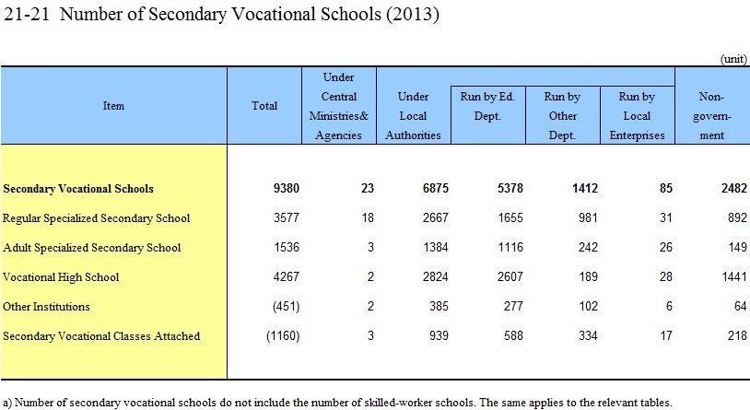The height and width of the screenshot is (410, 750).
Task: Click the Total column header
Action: pyautogui.click(x=264, y=106)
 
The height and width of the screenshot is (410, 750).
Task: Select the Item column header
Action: pyautogui.click(x=113, y=106)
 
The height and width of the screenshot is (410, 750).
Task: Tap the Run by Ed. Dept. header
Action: pyautogui.click(x=487, y=106)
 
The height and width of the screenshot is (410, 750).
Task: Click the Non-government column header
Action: pyautogui.click(x=711, y=116)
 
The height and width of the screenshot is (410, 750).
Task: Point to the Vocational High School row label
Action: pyautogui.click(x=61, y=277)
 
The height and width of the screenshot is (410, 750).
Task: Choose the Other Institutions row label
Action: pyautogui.click(x=46, y=307)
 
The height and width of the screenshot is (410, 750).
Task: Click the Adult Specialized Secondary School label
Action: pyautogui.click(x=92, y=247)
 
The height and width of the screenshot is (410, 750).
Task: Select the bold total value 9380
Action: pyautogui.click(x=286, y=188)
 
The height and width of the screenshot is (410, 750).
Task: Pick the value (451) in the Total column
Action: pyautogui.click(x=286, y=306)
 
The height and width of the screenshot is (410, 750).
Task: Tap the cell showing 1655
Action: pyautogui.click(x=510, y=217)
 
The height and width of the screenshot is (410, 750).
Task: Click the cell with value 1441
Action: pyautogui.click(x=733, y=276)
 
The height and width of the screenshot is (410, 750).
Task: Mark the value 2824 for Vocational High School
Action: pyautogui.click(x=435, y=276)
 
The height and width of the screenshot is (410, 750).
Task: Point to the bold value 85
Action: pyautogui.click(x=666, y=188)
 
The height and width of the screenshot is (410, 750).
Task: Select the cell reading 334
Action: pyautogui.click(x=588, y=336)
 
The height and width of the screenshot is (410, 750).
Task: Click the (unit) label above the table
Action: pyautogui.click(x=733, y=59)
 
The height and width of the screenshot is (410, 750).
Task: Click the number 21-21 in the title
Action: pyautogui.click(x=27, y=14)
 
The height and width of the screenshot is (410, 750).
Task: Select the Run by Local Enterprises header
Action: pyautogui.click(x=637, y=116)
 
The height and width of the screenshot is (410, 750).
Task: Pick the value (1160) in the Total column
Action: pyautogui.click(x=283, y=336)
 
